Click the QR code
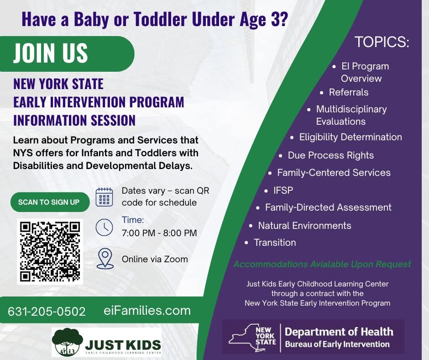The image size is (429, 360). [50, 252]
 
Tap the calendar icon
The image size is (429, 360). [104, 197]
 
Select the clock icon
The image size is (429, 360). [104, 228]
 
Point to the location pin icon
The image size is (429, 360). [105, 259]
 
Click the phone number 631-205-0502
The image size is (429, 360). [47, 312]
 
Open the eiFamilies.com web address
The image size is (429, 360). [147, 311]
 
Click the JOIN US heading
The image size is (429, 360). [51, 53]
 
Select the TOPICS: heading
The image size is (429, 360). [382, 42]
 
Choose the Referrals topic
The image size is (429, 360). [349, 92]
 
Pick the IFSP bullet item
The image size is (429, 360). [283, 190]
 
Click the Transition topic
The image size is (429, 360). [275, 243]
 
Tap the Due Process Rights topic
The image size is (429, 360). [331, 155]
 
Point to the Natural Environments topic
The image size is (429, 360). [304, 226]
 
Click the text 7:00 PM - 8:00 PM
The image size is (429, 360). [159, 233]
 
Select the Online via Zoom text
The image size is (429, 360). [155, 259]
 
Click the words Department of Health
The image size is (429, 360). [339, 332]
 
